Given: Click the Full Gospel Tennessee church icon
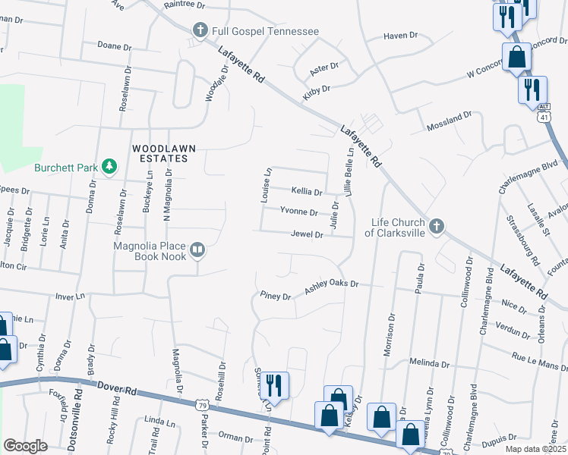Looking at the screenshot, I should (200, 30).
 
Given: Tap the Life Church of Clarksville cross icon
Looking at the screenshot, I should (436, 226).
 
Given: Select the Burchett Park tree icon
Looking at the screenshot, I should (109, 166).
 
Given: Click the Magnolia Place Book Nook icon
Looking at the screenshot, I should (197, 249).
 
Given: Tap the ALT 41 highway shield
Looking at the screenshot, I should (544, 114).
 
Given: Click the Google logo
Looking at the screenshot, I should (25, 446).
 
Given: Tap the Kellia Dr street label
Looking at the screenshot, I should (308, 191).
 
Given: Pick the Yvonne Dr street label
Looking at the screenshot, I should (298, 212).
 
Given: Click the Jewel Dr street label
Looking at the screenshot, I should (308, 235).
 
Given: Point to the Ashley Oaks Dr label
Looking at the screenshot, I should (331, 287).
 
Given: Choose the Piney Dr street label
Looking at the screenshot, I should (275, 296).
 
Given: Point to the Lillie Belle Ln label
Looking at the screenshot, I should (350, 174).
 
